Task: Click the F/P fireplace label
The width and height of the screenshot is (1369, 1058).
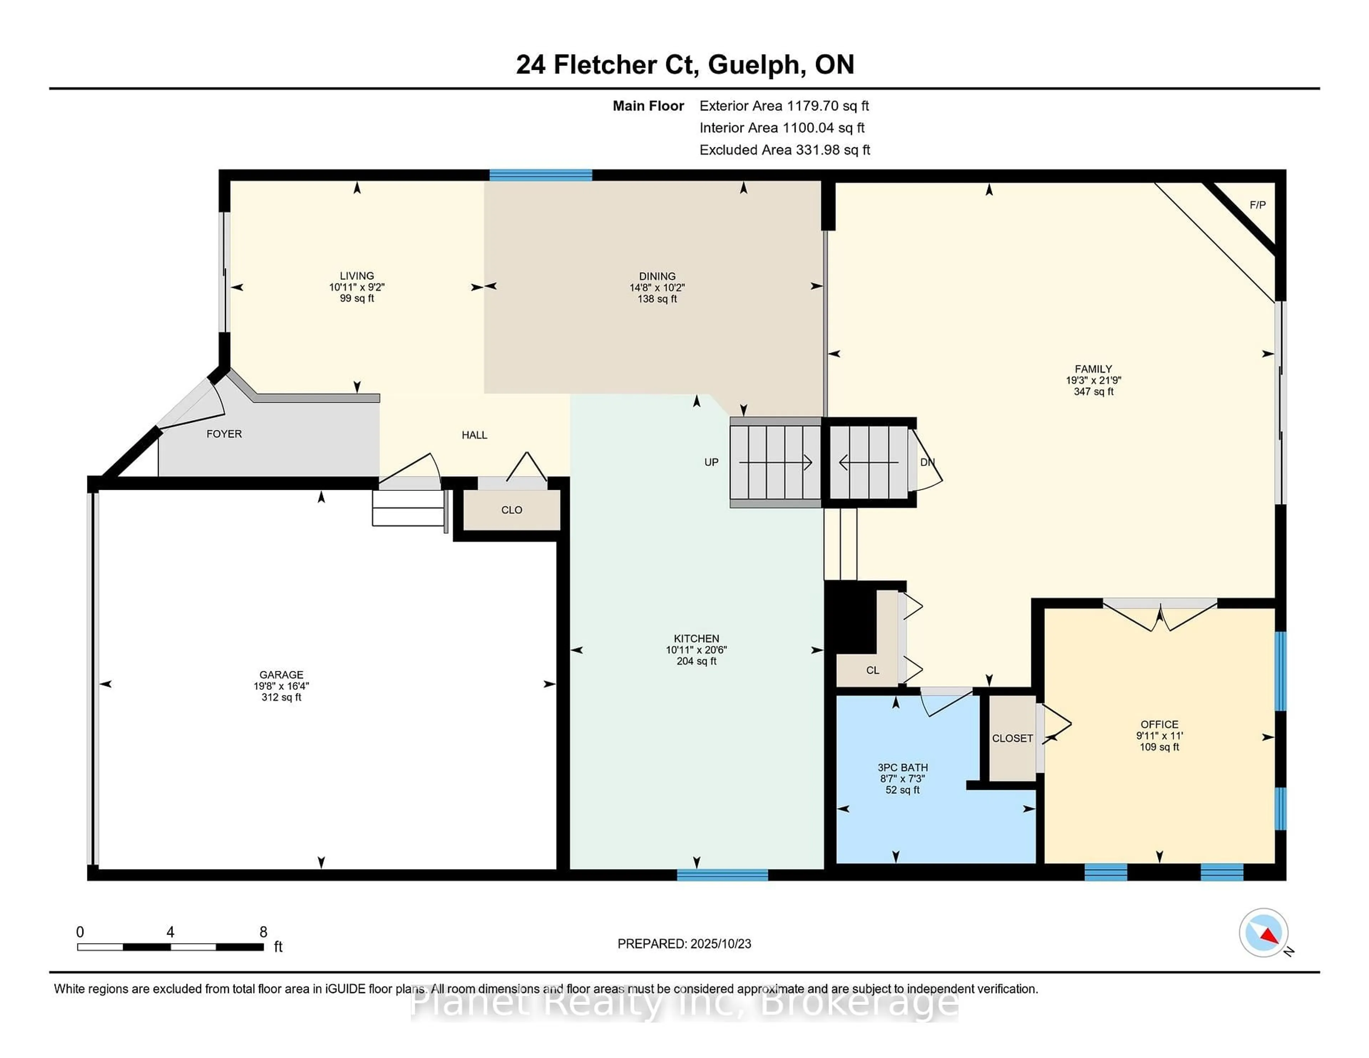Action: click(x=1257, y=205)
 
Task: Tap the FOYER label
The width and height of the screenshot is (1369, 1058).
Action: click(x=224, y=434)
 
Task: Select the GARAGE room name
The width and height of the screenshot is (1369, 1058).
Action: click(x=281, y=674)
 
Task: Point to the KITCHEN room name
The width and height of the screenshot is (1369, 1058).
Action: click(x=696, y=639)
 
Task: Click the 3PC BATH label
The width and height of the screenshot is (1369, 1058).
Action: click(x=903, y=767)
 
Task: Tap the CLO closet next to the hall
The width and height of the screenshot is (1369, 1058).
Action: click(x=512, y=509)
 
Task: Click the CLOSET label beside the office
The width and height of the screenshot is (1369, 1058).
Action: click(x=1012, y=738)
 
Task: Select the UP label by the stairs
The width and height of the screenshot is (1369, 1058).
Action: click(x=711, y=462)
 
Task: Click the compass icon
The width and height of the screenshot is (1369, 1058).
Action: click(x=1264, y=933)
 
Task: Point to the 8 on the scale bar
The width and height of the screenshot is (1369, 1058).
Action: click(x=263, y=932)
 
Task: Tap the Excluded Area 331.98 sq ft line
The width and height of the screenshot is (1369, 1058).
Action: click(x=785, y=150)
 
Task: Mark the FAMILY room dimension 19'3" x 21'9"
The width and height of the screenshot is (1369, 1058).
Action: click(x=1093, y=380)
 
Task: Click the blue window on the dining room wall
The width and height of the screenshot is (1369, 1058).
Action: click(x=540, y=175)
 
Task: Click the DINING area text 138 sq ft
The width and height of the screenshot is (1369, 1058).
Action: click(x=657, y=299)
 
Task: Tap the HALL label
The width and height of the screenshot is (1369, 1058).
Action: click(x=475, y=435)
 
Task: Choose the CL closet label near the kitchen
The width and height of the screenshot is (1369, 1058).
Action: click(x=872, y=670)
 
